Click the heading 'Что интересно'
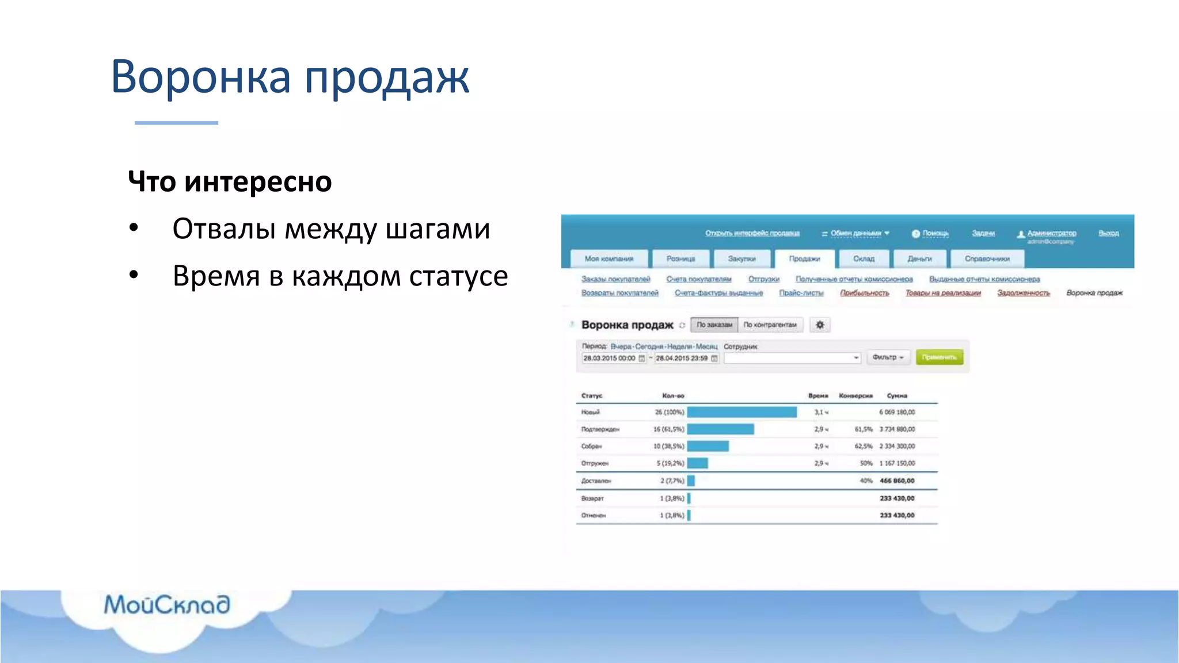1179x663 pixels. pyautogui.click(x=230, y=182)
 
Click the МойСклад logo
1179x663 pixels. pyautogui.click(x=167, y=605)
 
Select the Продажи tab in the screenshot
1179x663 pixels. pyautogui.click(x=804, y=259)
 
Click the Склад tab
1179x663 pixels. pyautogui.click(x=864, y=259)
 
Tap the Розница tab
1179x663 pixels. pyautogui.click(x=680, y=259)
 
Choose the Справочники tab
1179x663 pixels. pyautogui.click(x=987, y=259)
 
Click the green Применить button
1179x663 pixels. pyautogui.click(x=939, y=357)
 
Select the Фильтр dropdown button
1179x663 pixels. pyautogui.click(x=888, y=357)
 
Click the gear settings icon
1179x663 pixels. pyautogui.click(x=820, y=325)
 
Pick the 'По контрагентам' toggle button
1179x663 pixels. pyautogui.click(x=770, y=325)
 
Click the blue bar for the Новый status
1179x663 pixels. pyautogui.click(x=741, y=412)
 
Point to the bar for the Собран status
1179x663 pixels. pyautogui.click(x=708, y=446)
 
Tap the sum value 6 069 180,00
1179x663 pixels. pyautogui.click(x=896, y=412)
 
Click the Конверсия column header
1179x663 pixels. pyautogui.click(x=855, y=396)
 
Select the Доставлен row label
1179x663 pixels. pyautogui.click(x=596, y=481)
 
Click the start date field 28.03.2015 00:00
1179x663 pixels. pyautogui.click(x=609, y=358)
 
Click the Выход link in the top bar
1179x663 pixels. pyautogui.click(x=1108, y=233)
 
